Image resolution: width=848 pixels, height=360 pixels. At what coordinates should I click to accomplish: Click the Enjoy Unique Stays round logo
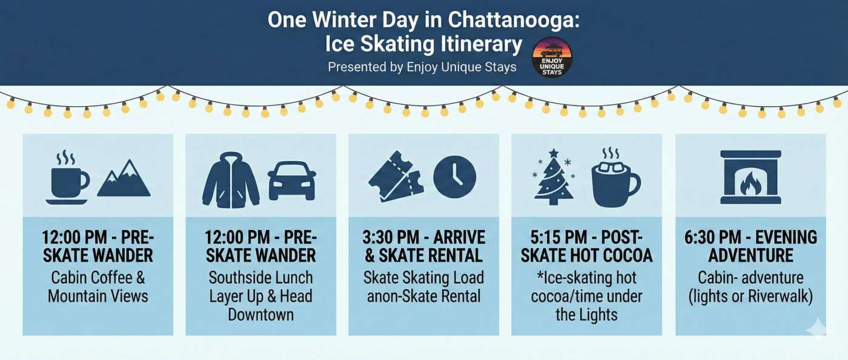click(551, 57)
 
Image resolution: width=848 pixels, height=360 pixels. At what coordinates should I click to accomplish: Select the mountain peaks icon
click(124, 179)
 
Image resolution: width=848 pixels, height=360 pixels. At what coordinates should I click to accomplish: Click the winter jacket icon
click(231, 180)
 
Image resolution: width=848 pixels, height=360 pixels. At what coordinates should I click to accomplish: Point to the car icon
click(292, 181)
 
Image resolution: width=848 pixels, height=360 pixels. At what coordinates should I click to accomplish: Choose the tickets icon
click(395, 176)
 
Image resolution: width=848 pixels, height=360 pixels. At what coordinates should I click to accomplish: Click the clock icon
click(454, 177)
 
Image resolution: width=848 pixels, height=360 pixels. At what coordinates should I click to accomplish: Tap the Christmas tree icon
click(554, 178)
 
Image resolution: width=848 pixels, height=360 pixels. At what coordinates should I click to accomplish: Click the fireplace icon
click(750, 177)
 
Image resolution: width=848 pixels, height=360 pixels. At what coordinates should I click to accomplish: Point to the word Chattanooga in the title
click(514, 20)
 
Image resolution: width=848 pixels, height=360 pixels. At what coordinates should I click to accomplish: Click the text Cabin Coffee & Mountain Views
click(98, 287)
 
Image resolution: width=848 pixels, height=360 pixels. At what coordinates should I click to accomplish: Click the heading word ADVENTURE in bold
click(750, 255)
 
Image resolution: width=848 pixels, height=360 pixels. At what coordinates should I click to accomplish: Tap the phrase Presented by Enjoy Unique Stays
click(422, 67)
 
